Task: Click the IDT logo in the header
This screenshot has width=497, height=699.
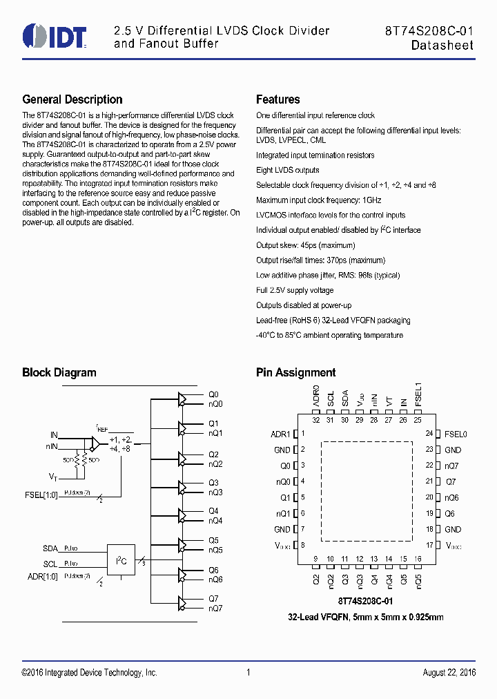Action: coord(55,37)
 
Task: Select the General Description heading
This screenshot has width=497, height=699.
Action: coord(72,99)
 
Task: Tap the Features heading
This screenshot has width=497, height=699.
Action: coord(277,99)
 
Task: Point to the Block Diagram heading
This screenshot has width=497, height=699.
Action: coord(59,372)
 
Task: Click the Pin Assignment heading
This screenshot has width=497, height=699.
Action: coord(295,372)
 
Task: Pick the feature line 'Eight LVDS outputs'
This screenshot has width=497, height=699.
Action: coord(287,170)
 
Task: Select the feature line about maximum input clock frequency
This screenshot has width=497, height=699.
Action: coord(318,200)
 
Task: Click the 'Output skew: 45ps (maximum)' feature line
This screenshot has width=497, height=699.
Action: coord(305,245)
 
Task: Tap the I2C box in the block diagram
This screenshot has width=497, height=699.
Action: coord(121,561)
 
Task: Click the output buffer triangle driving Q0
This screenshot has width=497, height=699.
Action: coord(183,399)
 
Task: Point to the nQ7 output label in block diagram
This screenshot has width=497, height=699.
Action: coord(215,608)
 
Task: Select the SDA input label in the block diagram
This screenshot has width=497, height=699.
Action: coord(50,548)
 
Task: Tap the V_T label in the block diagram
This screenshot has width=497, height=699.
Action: coord(52,477)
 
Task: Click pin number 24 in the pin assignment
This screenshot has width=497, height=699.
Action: coord(429,434)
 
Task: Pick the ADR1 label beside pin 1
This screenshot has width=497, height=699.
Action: coord(280,434)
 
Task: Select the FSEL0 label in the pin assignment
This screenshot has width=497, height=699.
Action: coord(456,434)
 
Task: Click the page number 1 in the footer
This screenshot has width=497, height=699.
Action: coord(248,673)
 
